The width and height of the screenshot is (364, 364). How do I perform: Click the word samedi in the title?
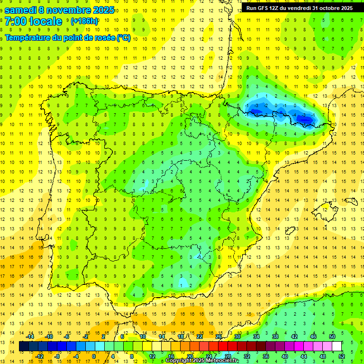[22, 10]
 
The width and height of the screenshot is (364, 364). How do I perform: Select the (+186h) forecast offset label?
[84, 21]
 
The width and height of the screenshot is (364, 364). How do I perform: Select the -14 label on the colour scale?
[30, 337]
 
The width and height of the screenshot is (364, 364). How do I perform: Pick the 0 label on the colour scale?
[93, 356]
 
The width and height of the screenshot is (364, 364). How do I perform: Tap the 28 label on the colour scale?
[228, 356]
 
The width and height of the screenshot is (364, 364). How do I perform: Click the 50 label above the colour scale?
[332, 337]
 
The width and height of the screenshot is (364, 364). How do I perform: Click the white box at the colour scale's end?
[337, 346]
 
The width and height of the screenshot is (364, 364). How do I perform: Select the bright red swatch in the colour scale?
[223, 346]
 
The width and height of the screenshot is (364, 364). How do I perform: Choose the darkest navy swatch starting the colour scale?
[24, 346]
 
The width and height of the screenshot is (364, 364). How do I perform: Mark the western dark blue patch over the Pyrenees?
[256, 112]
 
